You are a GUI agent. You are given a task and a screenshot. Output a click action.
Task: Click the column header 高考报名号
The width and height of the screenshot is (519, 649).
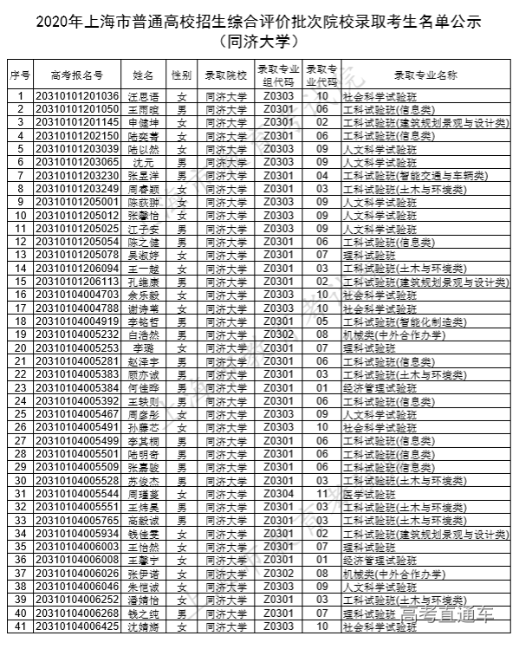click(76, 76)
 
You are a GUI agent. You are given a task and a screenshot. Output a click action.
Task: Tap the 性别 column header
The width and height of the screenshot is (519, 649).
click(181, 76)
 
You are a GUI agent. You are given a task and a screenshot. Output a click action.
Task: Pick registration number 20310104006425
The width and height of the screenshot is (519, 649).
click(76, 626)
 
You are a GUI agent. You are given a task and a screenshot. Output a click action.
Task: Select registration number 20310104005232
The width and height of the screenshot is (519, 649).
click(76, 334)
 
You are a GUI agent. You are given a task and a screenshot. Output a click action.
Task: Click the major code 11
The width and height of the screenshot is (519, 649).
click(322, 493)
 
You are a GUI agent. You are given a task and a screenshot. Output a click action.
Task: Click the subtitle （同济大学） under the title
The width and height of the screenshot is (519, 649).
click(259, 40)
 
